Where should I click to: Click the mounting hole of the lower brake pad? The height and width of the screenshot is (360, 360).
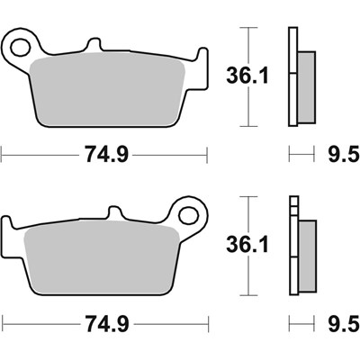(x=191, y=215)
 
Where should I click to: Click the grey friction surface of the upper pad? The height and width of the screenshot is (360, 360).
(x=108, y=90)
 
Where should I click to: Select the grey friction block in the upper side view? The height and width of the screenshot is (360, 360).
(x=306, y=86)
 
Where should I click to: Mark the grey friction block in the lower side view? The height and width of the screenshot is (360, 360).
(x=306, y=255)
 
